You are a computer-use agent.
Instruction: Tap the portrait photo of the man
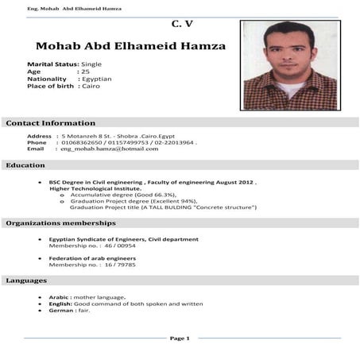[290, 65]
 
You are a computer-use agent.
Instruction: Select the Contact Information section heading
[51, 123]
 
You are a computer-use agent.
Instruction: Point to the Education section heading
[25, 165]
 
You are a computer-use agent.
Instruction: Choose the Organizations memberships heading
[61, 223]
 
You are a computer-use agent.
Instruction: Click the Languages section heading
[27, 281]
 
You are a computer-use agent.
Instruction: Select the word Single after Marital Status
[93, 64]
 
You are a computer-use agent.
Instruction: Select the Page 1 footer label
[180, 339]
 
